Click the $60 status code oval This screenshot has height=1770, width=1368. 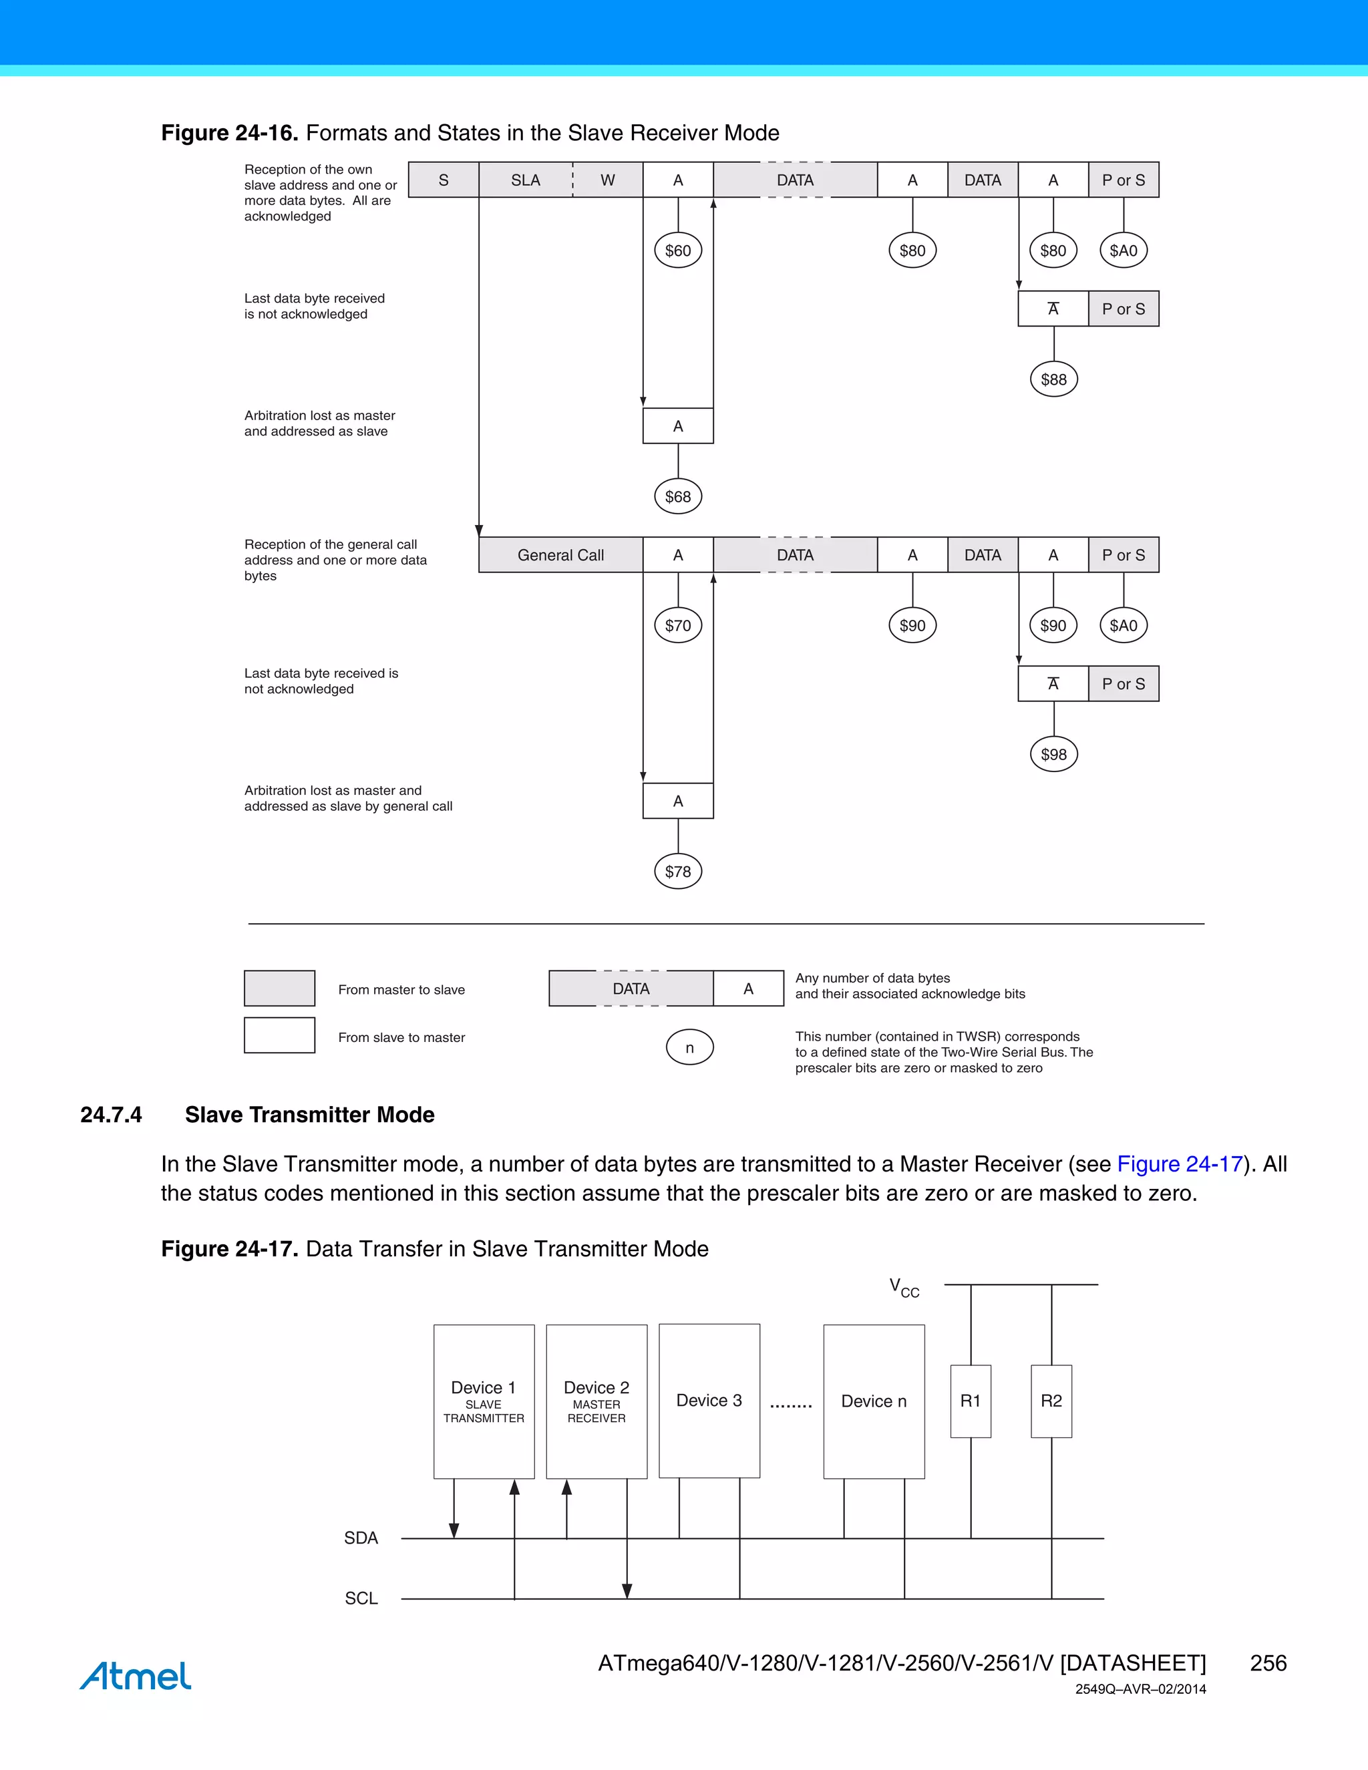point(677,250)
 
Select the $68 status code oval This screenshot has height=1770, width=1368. point(677,497)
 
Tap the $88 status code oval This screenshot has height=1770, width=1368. point(1053,379)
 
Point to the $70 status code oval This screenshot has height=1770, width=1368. point(677,626)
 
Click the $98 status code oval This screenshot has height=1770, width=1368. point(1053,755)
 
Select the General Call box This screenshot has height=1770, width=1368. point(561,555)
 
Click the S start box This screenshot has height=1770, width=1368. point(444,180)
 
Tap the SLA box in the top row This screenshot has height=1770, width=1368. point(525,180)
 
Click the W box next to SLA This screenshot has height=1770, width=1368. point(608,180)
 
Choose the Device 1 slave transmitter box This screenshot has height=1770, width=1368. point(484,1401)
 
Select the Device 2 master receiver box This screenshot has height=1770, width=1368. point(596,1401)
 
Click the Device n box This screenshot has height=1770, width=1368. point(874,1401)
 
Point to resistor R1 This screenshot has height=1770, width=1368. point(970,1401)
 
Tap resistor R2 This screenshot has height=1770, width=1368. point(1051,1401)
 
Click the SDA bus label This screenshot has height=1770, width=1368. point(361,1538)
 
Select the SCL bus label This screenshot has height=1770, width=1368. point(361,1598)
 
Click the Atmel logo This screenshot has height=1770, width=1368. point(136,1675)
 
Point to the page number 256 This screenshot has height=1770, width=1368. point(1268,1663)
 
